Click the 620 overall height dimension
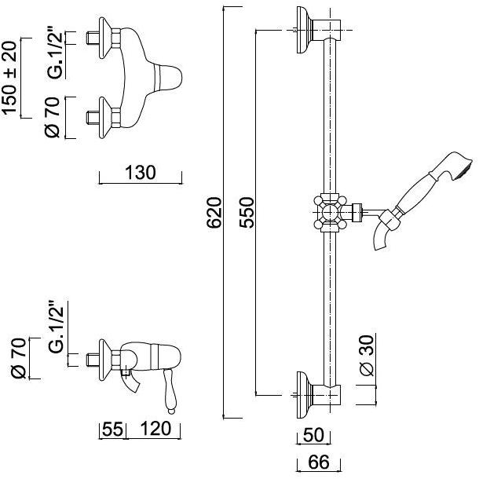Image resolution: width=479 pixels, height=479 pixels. click(214, 213)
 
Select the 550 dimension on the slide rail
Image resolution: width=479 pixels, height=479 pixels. click(247, 213)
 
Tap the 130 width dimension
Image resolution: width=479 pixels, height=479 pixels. click(141, 173)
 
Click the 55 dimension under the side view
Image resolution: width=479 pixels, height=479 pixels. click(112, 429)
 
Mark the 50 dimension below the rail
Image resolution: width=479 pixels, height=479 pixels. click(313, 435)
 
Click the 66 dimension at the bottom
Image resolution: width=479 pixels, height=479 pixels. click(318, 462)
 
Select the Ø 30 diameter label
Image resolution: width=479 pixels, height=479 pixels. click(367, 356)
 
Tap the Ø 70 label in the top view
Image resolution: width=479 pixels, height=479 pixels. click(52, 117)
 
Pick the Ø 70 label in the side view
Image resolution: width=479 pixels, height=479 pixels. click(18, 358)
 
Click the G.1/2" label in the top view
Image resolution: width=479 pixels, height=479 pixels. click(55, 54)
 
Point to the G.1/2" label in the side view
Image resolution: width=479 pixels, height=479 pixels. click(56, 326)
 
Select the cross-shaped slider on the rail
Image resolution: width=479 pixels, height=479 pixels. click(331, 212)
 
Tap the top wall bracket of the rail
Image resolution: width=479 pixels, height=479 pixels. click(319, 30)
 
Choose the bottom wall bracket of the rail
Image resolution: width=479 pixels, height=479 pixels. click(319, 395)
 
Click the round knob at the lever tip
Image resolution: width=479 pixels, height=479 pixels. click(172, 411)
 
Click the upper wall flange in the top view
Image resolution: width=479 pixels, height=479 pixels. click(106, 38)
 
